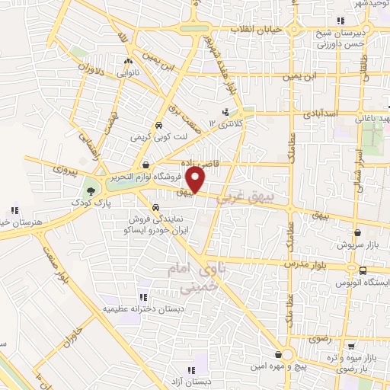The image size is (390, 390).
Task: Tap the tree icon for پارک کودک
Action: coord(92,190)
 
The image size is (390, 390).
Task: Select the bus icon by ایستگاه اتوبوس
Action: coord(363,270)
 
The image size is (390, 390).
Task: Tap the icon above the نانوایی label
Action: coord(128,62)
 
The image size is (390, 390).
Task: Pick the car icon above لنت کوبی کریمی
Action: coord(158,126)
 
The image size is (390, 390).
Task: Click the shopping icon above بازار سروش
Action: coord(357,234)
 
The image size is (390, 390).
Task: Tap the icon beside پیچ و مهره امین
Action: coord(286,353)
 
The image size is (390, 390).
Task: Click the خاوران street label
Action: coord(69,331)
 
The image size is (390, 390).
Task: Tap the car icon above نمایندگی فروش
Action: coord(155,206)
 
